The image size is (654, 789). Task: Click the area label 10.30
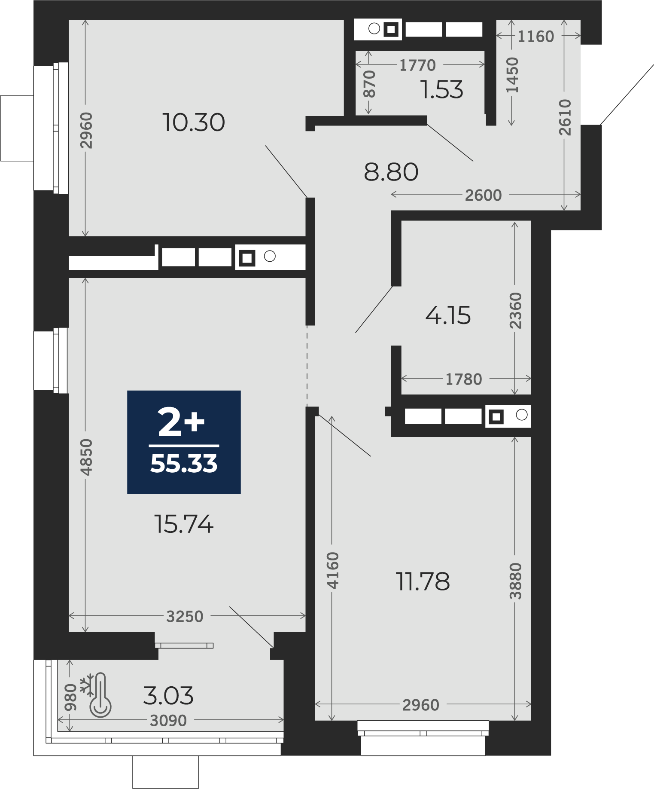coord(194,122)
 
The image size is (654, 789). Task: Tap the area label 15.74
coord(184,524)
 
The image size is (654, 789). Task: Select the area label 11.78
coord(423,581)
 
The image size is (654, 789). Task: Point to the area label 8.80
coord(391,172)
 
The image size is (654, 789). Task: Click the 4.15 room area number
coord(448,315)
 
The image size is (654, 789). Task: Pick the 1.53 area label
coord(442,90)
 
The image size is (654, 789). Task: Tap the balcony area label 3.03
coord(168,696)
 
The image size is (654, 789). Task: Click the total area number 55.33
coord(184,464)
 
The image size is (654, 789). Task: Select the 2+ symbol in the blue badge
coord(181,422)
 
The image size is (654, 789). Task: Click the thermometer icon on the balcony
coord(100,695)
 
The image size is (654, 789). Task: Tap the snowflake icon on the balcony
coord(87,685)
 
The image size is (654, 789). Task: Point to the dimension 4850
coord(86,457)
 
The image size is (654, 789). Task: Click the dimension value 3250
coord(185,617)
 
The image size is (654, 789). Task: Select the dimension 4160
coord(333,570)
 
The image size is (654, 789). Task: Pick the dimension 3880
coord(515,581)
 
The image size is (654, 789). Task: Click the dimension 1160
coord(536,37)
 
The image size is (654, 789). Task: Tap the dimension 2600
coord(484,196)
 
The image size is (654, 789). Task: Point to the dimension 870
coord(369,84)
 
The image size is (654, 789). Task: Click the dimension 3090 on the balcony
coord(168,721)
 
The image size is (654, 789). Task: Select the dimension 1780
coord(464,379)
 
